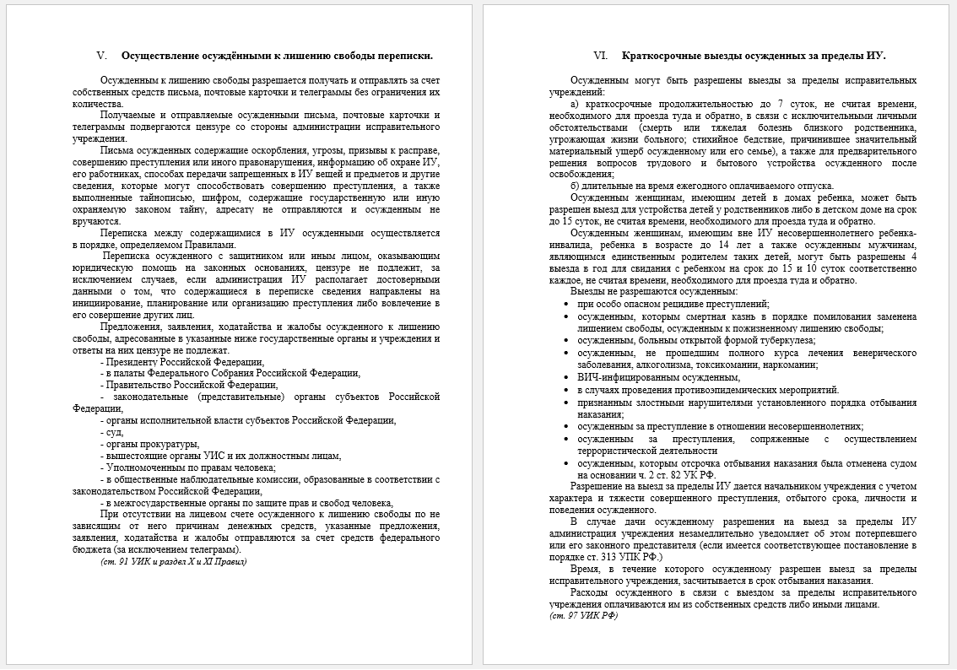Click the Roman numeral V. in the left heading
pos(102,56)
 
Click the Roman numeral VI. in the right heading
pos(601,56)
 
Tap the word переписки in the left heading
pos(404,56)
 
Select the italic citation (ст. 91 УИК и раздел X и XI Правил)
pos(174,560)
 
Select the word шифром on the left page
pos(224,197)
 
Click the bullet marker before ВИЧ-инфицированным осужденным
pos(567,377)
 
